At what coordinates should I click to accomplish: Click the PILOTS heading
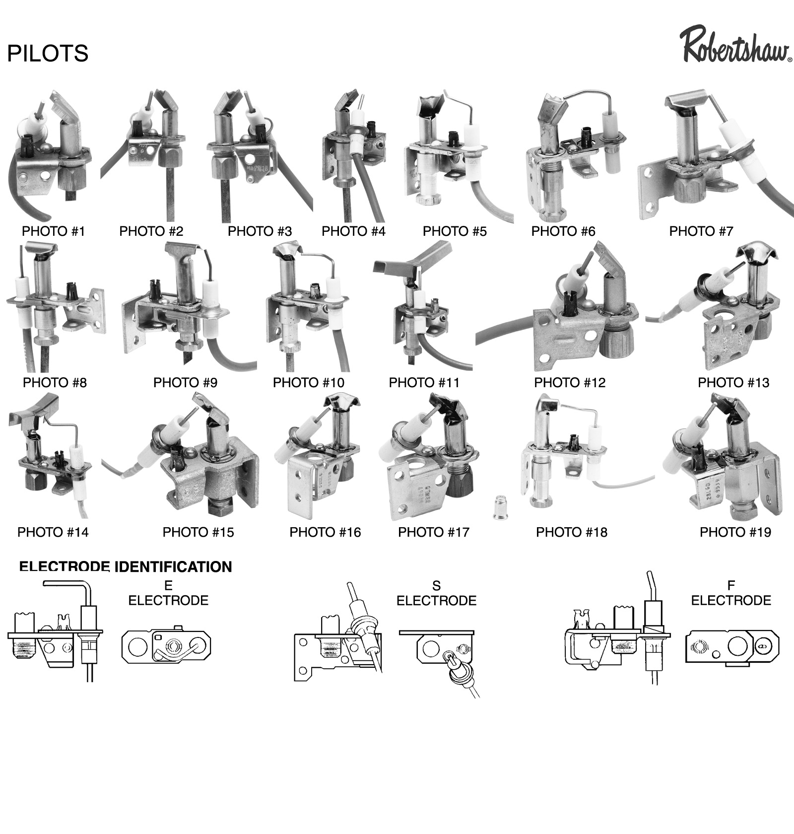48,53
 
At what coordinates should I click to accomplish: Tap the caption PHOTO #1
54,231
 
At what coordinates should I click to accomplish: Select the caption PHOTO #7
701,231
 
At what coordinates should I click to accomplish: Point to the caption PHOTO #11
424,383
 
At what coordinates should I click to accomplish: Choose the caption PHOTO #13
733,383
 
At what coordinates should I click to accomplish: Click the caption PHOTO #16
325,533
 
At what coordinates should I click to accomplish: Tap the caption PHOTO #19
735,533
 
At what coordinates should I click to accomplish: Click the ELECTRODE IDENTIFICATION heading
126,567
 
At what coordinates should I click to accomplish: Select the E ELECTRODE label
168,594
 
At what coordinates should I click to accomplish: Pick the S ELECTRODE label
436,594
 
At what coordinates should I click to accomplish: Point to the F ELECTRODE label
731,594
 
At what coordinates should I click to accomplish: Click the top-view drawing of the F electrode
731,647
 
